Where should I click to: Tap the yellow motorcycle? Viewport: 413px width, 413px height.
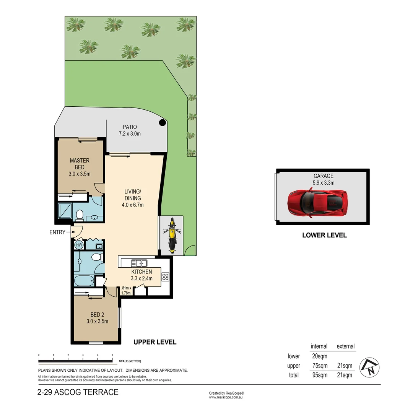point(172,235)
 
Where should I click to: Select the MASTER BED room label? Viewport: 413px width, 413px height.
point(80,167)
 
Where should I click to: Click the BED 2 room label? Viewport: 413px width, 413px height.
point(97,318)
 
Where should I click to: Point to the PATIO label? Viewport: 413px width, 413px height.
point(130,130)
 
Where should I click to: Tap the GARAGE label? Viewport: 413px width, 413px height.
point(324,179)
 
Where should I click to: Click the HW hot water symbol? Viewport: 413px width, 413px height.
point(79,245)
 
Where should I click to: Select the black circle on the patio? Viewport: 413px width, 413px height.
point(163,123)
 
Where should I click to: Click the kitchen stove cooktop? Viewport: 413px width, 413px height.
point(165,276)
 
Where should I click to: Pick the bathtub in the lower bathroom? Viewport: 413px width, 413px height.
point(85,281)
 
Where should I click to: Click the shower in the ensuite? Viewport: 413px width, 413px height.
point(65,210)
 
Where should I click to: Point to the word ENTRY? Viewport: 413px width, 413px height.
point(57,232)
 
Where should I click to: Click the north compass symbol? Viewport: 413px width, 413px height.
point(369,367)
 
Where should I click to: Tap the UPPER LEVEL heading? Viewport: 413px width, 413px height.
point(155,342)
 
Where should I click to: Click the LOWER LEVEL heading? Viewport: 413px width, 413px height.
point(324,235)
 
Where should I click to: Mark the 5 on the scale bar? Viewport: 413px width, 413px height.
point(112,355)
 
